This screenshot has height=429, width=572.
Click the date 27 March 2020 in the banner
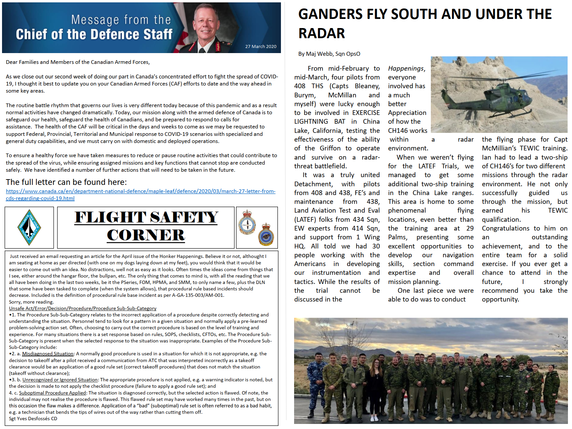(x=261, y=47)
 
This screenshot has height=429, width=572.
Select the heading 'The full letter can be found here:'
(x=66, y=182)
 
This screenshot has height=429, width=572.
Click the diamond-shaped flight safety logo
(x=29, y=227)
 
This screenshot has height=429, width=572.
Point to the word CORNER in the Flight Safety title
(x=146, y=235)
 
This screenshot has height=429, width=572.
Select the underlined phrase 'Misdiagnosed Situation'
(x=48, y=354)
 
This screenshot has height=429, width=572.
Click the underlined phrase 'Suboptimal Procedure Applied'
(x=52, y=393)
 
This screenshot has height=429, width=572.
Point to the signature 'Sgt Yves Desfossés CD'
(x=33, y=419)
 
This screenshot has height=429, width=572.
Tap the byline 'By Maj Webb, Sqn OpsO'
(x=329, y=54)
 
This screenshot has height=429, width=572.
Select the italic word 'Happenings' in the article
(x=406, y=69)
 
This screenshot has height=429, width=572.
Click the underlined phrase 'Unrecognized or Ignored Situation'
(x=60, y=380)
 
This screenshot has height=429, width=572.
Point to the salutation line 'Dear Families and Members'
(x=78, y=62)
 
